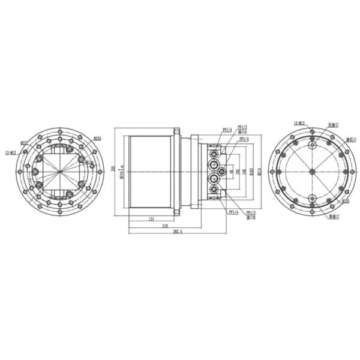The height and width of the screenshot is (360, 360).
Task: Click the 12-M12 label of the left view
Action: [11, 152]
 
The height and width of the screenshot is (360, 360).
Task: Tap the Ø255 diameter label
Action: [97, 139]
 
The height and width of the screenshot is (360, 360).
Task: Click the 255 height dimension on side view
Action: [113, 170]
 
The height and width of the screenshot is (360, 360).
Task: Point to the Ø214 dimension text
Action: [258, 172]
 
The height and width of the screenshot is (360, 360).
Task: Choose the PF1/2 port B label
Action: [251, 215]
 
